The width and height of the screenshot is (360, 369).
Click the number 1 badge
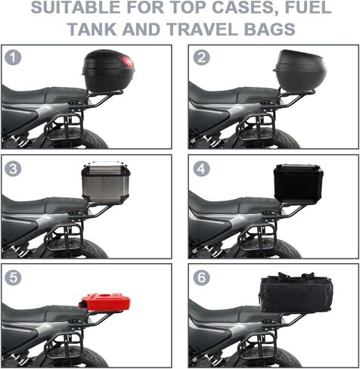[x=13, y=57]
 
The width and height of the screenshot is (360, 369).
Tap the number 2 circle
[x=201, y=57]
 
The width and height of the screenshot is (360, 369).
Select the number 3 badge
[x=13, y=169]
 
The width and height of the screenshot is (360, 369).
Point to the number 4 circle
[x=201, y=169]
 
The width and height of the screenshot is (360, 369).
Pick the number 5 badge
[x=13, y=278]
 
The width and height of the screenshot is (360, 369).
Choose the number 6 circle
[x=201, y=278]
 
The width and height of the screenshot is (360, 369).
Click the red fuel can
[x=104, y=302]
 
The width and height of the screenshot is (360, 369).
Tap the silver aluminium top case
[x=106, y=182]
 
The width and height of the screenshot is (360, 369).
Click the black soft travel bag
[x=296, y=293]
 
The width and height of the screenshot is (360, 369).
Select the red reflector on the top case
[x=127, y=62]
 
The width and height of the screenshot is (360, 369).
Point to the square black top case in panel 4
[x=299, y=184]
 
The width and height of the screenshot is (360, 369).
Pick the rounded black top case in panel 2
[x=299, y=71]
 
